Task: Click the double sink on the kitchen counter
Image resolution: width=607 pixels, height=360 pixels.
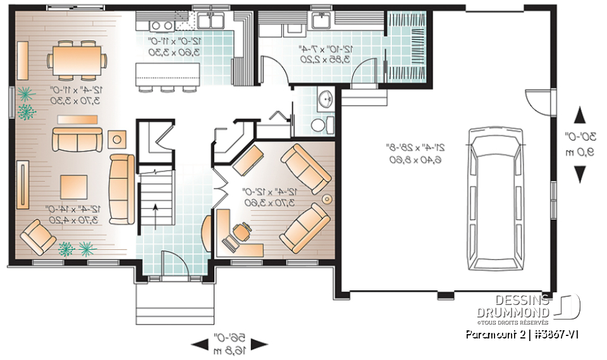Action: click(x=209, y=21)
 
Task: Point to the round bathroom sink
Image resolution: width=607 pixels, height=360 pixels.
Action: click(x=326, y=99)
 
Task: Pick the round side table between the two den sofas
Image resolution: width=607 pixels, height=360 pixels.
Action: click(x=327, y=199)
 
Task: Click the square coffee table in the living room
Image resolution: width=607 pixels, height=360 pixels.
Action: click(x=73, y=187)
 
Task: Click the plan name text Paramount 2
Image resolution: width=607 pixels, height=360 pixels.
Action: click(x=491, y=333)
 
